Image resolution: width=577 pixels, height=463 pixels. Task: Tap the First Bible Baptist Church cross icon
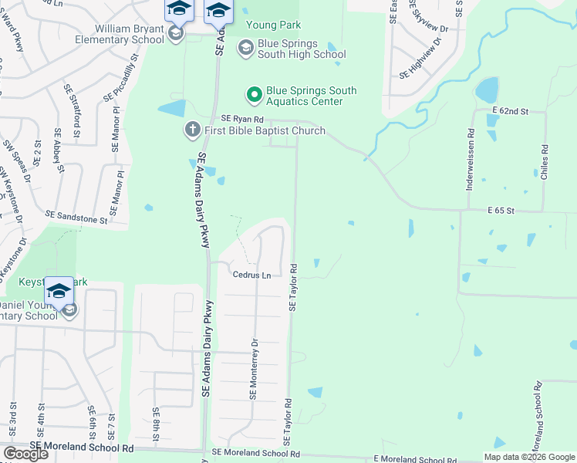coord(192,130)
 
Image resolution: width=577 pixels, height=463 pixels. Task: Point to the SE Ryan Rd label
coord(242,119)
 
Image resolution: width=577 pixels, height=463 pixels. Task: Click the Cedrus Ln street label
coord(252,275)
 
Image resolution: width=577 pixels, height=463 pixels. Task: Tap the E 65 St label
coord(501,210)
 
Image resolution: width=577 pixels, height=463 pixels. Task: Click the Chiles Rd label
coord(545,163)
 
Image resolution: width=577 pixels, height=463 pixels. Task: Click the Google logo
coord(25,453)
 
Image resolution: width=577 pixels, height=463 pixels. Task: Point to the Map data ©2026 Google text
coord(529,457)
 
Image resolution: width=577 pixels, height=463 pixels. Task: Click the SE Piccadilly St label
coord(121,79)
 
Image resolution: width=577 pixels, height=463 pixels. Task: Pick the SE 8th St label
coord(155,424)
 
